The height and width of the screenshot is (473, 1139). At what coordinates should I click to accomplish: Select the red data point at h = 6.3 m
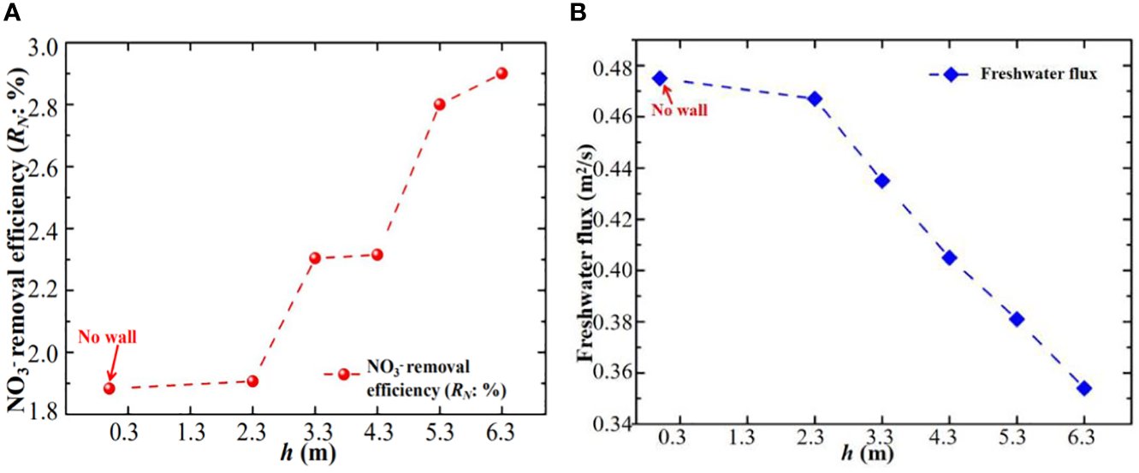click(x=501, y=74)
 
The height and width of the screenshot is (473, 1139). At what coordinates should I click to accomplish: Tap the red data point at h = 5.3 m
click(x=439, y=104)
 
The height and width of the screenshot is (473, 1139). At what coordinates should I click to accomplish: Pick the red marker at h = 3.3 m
click(x=315, y=258)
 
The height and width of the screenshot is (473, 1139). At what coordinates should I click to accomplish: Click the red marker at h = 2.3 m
click(x=252, y=381)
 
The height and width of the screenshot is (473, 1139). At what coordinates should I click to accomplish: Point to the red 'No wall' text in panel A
click(x=107, y=337)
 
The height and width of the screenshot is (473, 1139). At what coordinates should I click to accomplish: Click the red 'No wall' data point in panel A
click(x=110, y=388)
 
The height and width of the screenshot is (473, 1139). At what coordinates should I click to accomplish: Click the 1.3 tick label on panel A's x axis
click(x=190, y=434)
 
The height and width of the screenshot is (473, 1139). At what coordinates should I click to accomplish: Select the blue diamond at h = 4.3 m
click(x=949, y=257)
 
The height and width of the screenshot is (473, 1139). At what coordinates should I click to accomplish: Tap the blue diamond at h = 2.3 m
click(x=815, y=99)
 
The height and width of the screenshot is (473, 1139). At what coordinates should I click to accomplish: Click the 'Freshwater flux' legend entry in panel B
click(x=1014, y=74)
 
